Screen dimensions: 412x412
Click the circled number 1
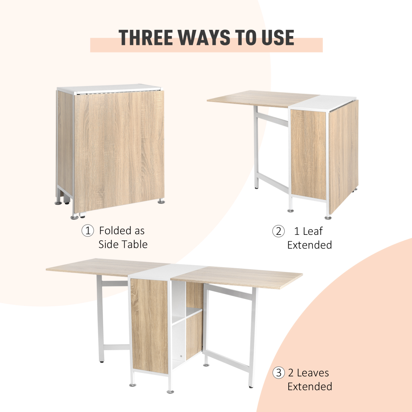(x=88, y=231)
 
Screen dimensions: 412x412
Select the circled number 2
(x=278, y=231)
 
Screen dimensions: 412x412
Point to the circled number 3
(x=279, y=373)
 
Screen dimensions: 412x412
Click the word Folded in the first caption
(x=122, y=231)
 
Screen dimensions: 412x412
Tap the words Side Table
(x=123, y=244)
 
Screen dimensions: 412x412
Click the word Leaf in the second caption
(x=313, y=231)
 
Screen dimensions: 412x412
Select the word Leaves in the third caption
(x=313, y=373)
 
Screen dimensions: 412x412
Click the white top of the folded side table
(x=110, y=88)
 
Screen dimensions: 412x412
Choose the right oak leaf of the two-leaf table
(x=240, y=276)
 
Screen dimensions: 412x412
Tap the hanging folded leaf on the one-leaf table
(x=343, y=154)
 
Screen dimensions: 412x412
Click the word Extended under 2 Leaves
(x=310, y=387)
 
